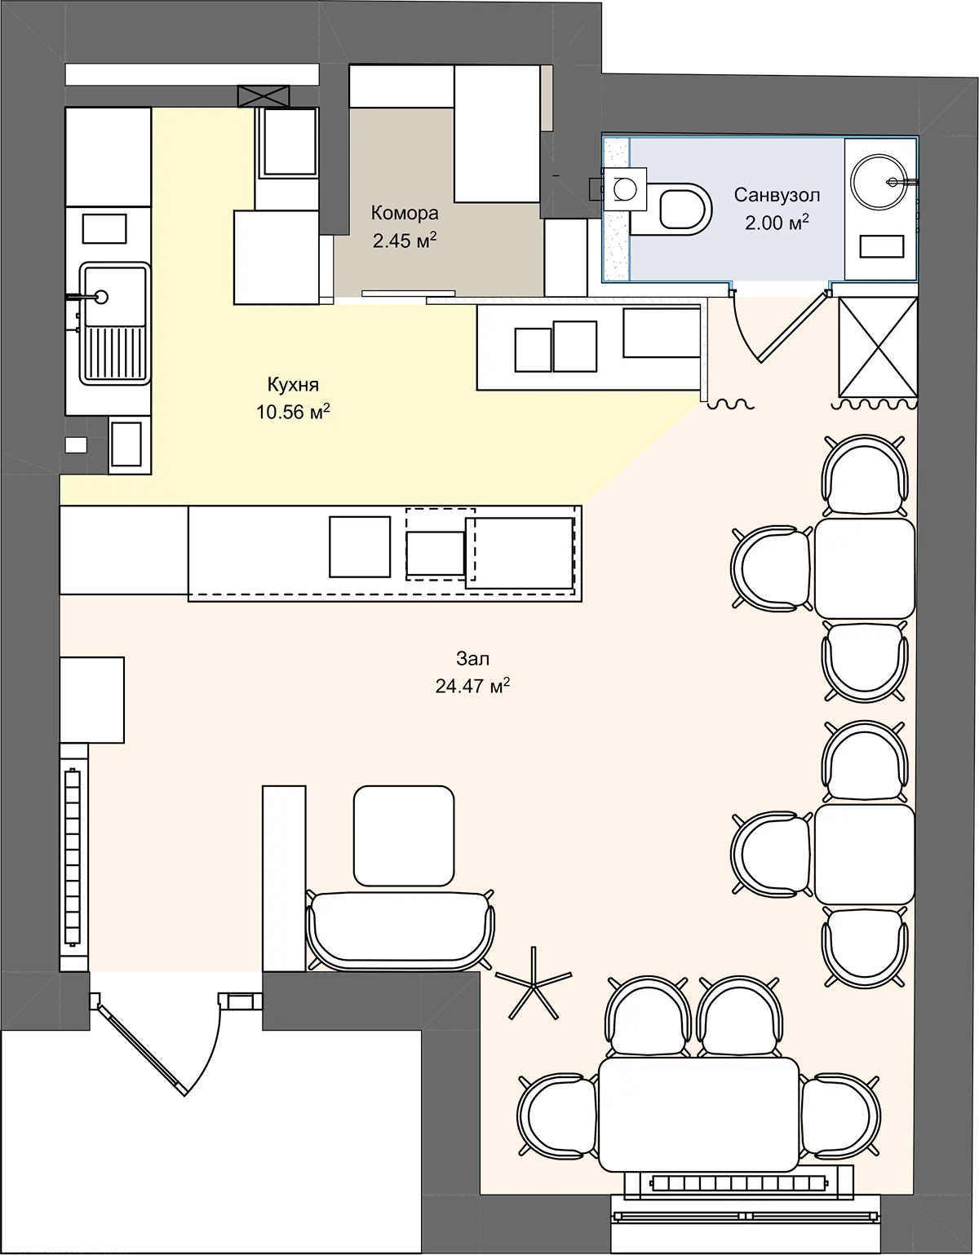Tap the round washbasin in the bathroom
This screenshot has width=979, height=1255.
[880, 182]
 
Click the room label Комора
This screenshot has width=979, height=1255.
[405, 213]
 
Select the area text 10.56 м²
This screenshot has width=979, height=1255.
[294, 412]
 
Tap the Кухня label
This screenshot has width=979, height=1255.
[293, 384]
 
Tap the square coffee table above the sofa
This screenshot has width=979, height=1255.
[404, 836]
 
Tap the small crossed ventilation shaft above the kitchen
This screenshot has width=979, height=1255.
[264, 96]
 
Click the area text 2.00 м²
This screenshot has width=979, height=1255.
[777, 223]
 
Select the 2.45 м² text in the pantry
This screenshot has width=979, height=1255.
[405, 241]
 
